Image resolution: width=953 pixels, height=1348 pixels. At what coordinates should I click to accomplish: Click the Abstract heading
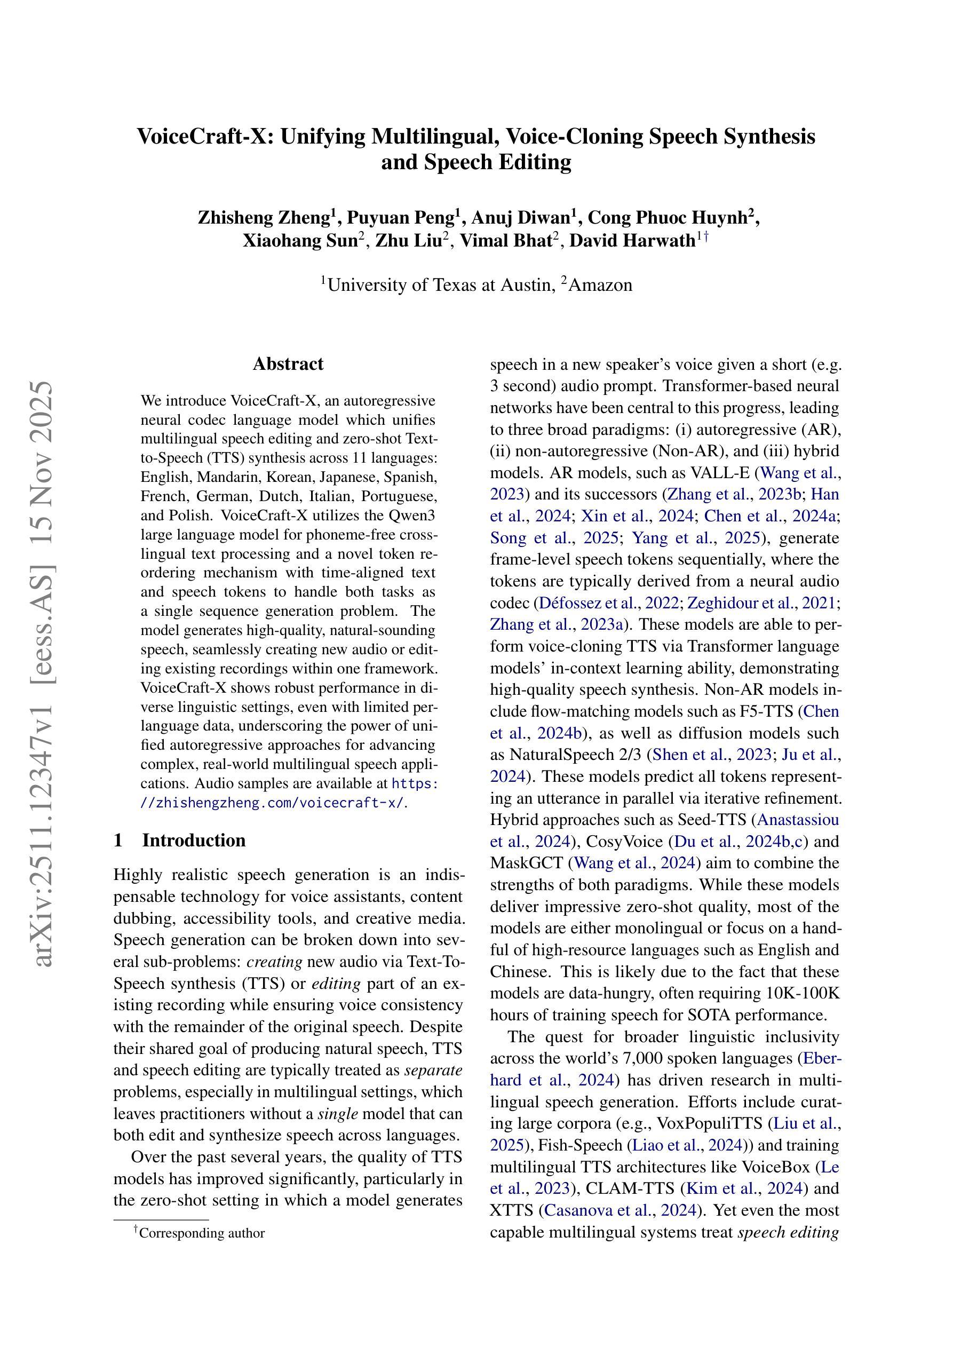(288, 364)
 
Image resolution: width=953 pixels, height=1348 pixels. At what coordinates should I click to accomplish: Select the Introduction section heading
(194, 840)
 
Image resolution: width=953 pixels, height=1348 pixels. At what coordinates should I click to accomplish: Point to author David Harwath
(632, 241)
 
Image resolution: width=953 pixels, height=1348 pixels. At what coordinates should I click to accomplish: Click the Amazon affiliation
(600, 286)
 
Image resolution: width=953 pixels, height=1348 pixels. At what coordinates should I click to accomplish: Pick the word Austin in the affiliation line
(525, 286)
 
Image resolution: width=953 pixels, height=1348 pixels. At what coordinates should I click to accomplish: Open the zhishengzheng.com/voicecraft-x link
(273, 803)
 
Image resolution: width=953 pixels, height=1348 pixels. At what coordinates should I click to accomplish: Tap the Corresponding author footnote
(201, 1233)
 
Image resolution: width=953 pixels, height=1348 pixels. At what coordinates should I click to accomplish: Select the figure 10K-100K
(803, 993)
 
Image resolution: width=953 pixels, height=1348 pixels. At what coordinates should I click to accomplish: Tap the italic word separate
(434, 1071)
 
